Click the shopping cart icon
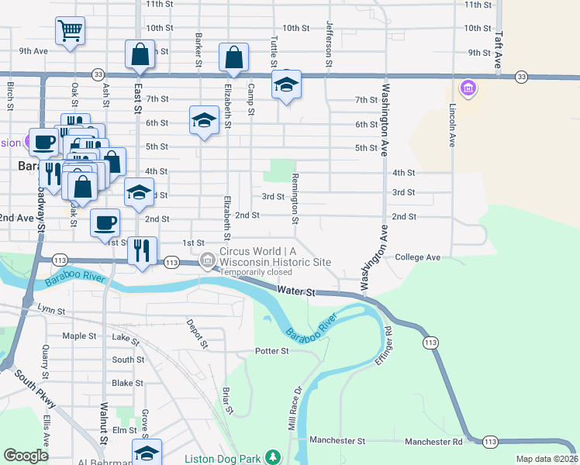click(x=70, y=31)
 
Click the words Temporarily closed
click(x=255, y=273)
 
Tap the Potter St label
click(x=272, y=351)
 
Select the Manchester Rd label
click(x=433, y=441)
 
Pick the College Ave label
click(x=417, y=257)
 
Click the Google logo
click(x=26, y=456)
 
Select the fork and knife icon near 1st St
click(x=141, y=250)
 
